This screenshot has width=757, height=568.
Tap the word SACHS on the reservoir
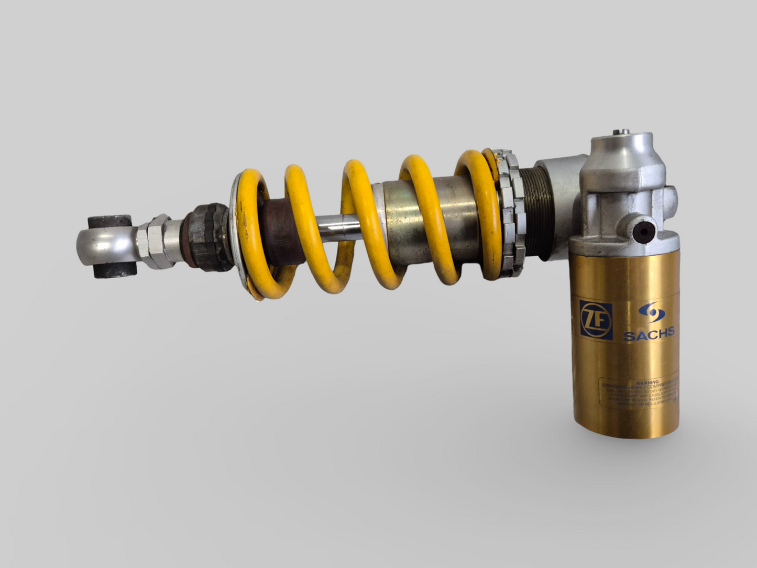tap(649, 333)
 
